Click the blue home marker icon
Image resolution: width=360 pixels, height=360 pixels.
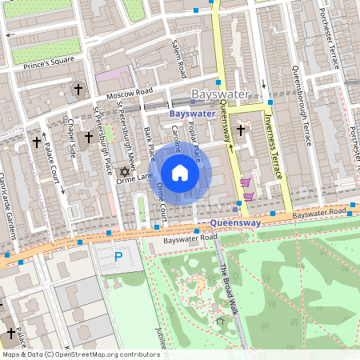click(180, 173)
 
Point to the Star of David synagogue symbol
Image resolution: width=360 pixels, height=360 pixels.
click(124, 171)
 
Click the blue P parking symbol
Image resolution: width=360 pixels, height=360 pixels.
click(118, 257)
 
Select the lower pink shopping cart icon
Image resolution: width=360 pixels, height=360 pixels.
click(249, 196)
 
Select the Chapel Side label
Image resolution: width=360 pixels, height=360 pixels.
click(71, 139)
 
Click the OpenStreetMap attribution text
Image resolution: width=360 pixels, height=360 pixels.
click(81, 354)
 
